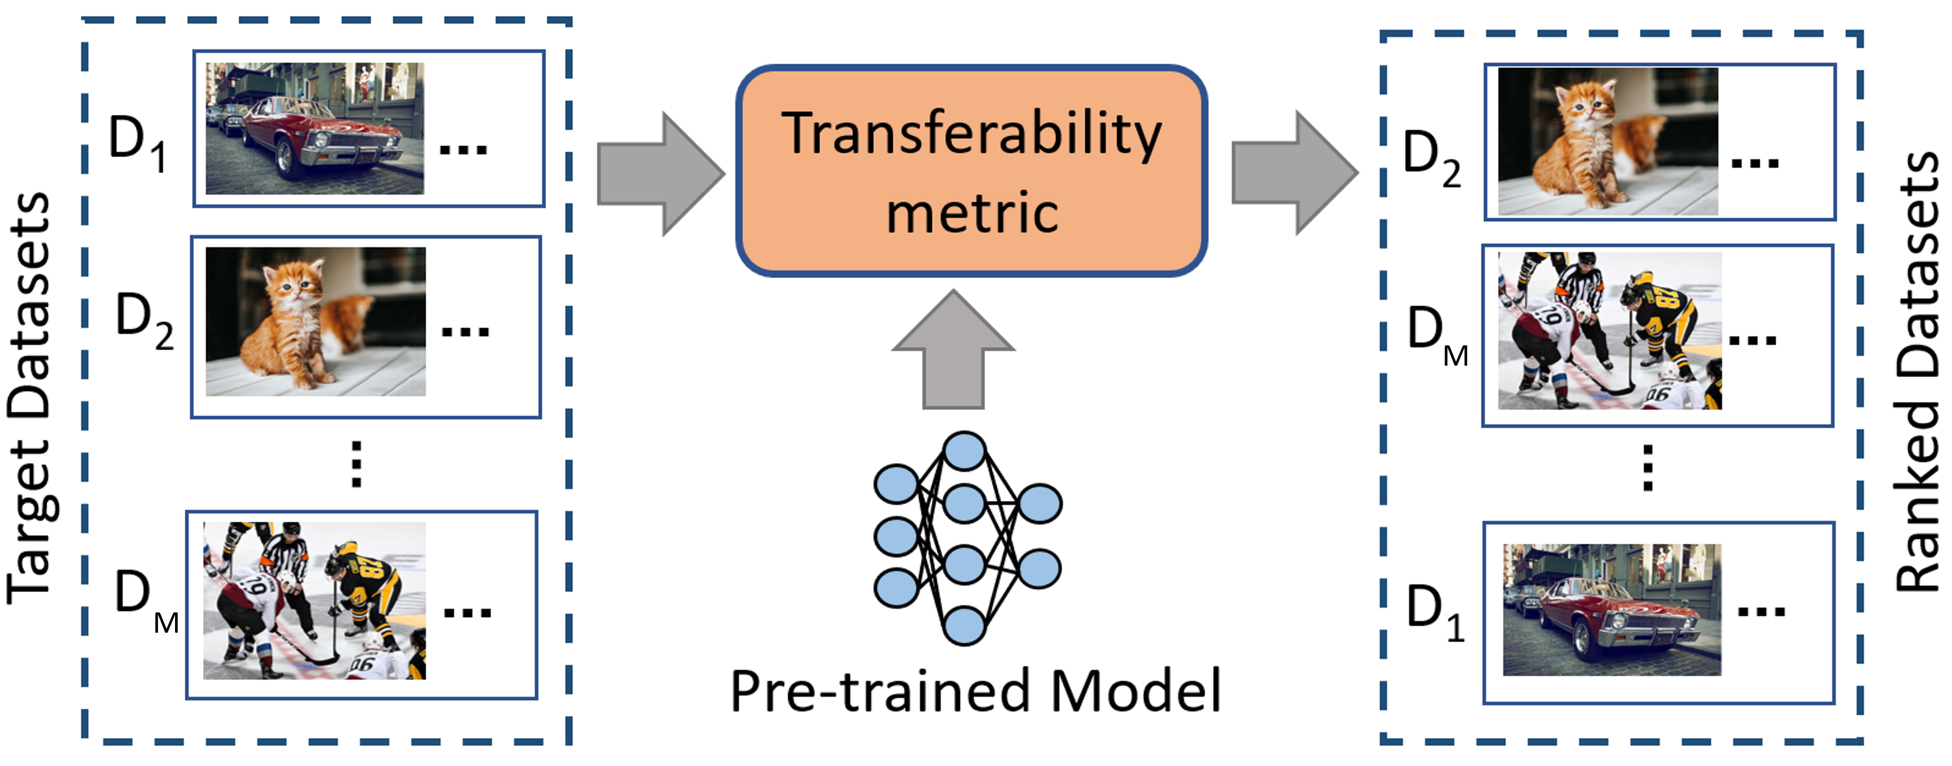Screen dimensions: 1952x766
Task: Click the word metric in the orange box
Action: coord(972,213)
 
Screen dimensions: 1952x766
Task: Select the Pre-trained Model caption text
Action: coord(976,691)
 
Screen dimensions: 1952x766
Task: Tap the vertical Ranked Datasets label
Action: coord(1918,372)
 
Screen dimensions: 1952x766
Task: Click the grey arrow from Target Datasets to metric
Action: coord(661,173)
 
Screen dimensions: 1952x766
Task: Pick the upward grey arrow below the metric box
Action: coord(953,349)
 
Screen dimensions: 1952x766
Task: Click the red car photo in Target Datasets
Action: coord(315,129)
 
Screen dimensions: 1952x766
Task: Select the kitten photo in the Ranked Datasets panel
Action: coord(1608,142)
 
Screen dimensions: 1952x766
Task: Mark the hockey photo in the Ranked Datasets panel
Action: coord(1610,331)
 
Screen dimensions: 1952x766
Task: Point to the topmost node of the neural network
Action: coord(964,451)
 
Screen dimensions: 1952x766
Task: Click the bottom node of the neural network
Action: coord(964,625)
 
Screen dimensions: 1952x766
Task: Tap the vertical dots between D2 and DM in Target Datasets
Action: coord(356,464)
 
